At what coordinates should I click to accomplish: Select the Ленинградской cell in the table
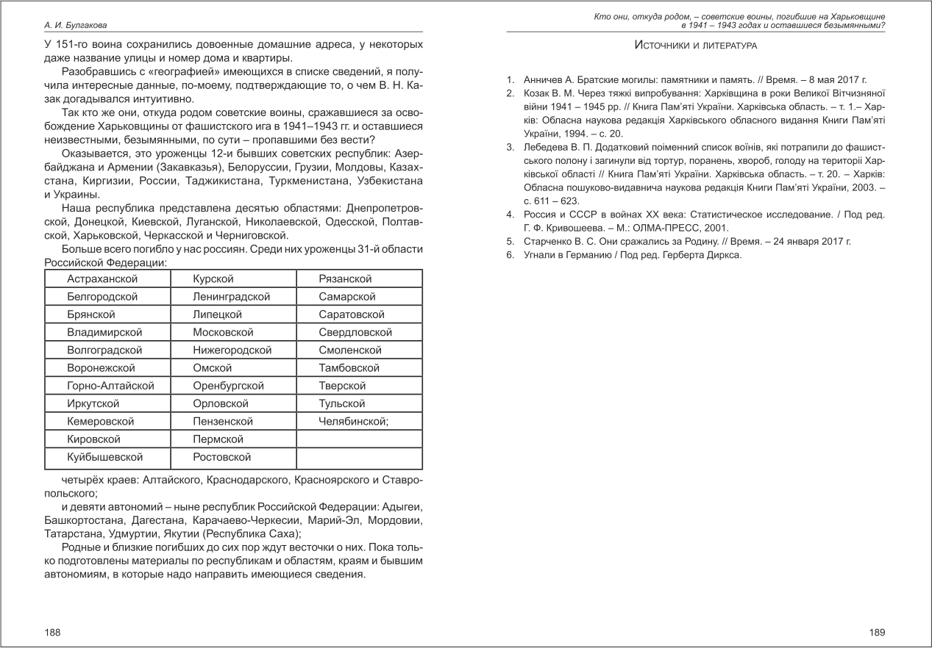click(x=231, y=297)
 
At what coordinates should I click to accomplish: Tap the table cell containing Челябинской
click(x=353, y=422)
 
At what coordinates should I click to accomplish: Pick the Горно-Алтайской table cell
click(x=110, y=386)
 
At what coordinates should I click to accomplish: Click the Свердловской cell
click(x=355, y=332)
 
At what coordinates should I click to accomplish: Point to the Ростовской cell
click(x=221, y=457)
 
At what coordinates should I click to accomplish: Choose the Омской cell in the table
click(x=212, y=368)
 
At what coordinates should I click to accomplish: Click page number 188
click(x=52, y=632)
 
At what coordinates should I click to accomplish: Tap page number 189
click(x=877, y=632)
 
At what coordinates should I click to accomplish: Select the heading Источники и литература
click(x=695, y=46)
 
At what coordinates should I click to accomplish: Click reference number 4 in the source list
click(x=509, y=215)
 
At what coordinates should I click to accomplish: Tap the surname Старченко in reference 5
click(x=549, y=241)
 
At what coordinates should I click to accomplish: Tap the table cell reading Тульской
click(x=342, y=403)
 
